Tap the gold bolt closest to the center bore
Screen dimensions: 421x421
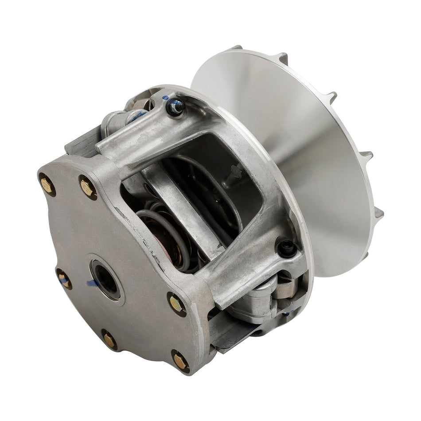pyautogui.click(x=65, y=280)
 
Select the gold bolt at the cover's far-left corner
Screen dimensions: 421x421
pyautogui.click(x=47, y=183)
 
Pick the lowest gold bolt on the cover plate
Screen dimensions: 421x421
pyautogui.click(x=179, y=361)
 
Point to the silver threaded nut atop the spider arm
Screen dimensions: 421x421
pyautogui.click(x=175, y=106)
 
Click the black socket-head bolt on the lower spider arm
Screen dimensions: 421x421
pyautogui.click(x=286, y=248)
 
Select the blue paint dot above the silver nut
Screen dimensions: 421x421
pyautogui.click(x=165, y=97)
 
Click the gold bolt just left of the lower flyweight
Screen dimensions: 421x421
pyautogui.click(x=177, y=304)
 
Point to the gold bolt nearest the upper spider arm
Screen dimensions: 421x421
pyautogui.click(x=88, y=187)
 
